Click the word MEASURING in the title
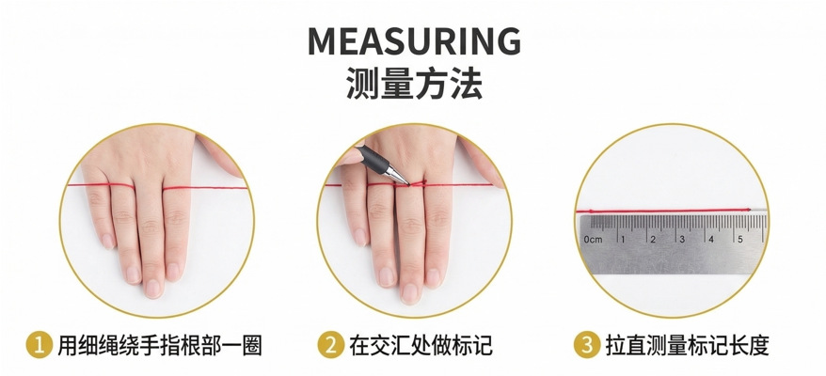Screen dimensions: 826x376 pos(414,41)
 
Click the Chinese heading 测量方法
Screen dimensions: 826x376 pos(414,85)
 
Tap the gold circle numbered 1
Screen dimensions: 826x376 pos(40,346)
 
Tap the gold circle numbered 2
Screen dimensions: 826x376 pos(331,346)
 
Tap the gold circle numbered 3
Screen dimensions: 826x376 pos(587,346)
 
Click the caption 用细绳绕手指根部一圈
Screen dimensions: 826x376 pos(160,346)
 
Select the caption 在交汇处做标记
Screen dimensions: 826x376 pos(421,346)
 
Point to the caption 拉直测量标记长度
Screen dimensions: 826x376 pos(687,346)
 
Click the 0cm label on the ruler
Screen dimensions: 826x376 pos(593,240)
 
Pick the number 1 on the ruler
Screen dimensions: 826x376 pos(622,239)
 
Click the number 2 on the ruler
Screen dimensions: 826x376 pos(653,239)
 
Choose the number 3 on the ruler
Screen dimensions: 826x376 pos(682,239)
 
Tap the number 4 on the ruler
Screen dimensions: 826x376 pos(711,239)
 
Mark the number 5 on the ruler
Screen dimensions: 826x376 pos(740,239)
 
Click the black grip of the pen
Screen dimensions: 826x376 pos(372,157)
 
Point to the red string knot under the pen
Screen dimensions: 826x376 pos(418,183)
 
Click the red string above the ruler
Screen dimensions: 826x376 pos(663,211)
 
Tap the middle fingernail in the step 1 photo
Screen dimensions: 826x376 pos(153,288)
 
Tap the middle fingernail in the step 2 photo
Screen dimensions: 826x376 pos(410,292)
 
